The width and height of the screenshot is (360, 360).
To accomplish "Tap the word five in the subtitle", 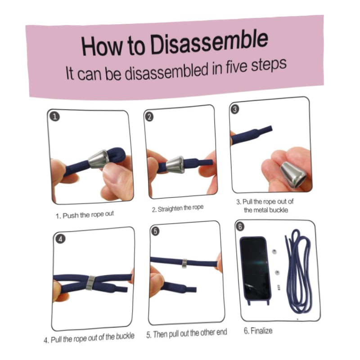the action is (x=236, y=67).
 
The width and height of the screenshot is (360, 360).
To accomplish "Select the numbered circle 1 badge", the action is (x=54, y=117).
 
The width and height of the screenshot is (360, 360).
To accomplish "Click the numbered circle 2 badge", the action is (x=149, y=117).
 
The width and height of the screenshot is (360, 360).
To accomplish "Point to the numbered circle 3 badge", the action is (x=235, y=109).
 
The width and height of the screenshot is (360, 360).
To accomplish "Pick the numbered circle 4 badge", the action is (x=60, y=239).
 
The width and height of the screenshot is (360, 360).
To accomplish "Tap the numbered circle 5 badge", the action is (x=155, y=231).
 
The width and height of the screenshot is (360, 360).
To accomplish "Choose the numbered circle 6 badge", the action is (x=240, y=227).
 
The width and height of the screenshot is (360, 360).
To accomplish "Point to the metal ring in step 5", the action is (x=184, y=263).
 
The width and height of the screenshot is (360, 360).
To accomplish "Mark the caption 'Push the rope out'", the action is (x=88, y=215).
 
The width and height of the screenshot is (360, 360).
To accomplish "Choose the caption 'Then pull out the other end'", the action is (x=190, y=333).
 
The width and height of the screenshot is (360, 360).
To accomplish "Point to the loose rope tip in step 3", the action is (x=270, y=128).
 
